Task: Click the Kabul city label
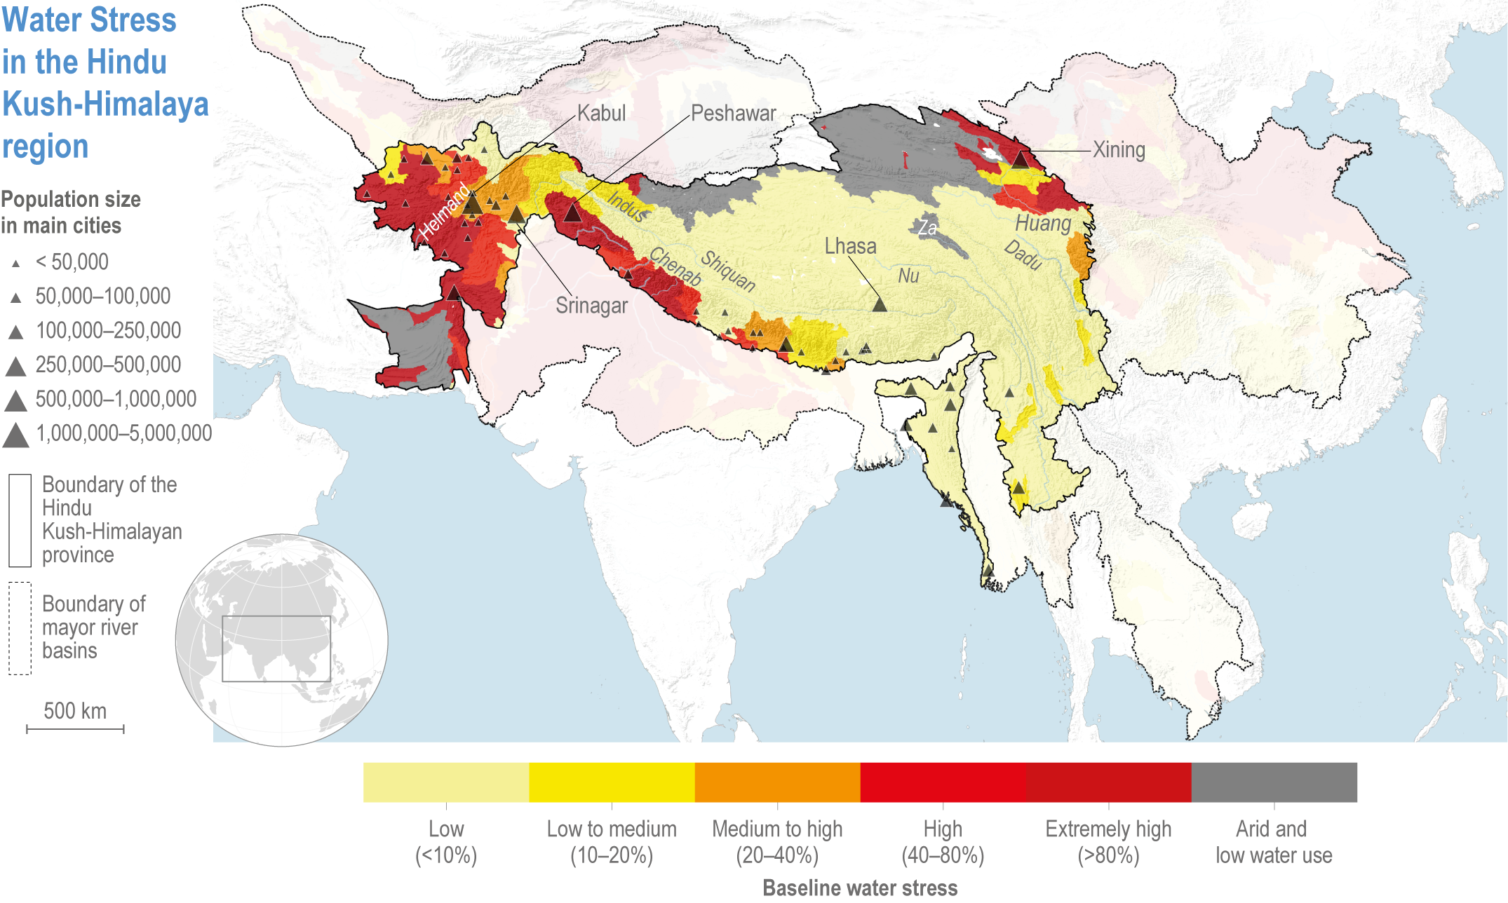point(601,114)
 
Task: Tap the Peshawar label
point(733,114)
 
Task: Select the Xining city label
point(1119,150)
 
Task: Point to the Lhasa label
point(850,247)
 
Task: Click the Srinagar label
point(591,306)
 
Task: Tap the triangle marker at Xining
point(1020,160)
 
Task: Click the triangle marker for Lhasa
point(880,304)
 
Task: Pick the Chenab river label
point(675,266)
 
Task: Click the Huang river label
point(1043,224)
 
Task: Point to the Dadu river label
point(1023,254)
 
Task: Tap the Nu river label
point(908,276)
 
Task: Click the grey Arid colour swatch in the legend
point(1274,782)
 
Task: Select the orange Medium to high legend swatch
point(777,782)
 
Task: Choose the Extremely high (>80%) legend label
point(1108,842)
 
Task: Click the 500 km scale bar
point(75,729)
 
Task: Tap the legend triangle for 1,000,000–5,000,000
point(15,435)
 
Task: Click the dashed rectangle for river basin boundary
point(20,628)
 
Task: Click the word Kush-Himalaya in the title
point(105,104)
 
